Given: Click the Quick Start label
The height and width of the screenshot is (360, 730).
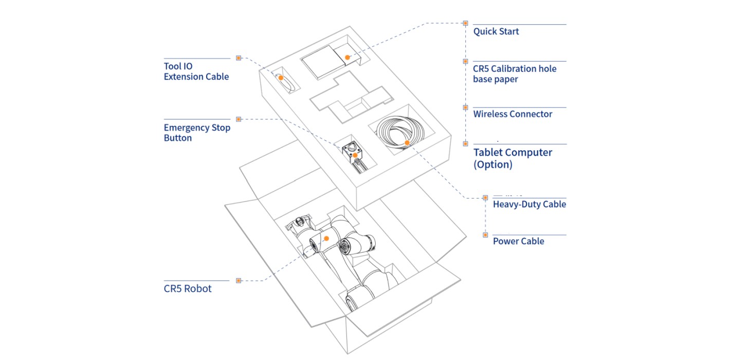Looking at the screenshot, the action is click(496, 31).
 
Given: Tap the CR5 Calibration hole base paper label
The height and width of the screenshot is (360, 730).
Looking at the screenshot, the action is click(515, 74).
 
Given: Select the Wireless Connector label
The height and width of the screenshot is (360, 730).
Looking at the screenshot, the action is click(513, 114).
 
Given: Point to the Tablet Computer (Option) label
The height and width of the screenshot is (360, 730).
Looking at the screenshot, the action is click(513, 158).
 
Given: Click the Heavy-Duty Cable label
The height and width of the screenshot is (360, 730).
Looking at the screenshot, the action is click(530, 204).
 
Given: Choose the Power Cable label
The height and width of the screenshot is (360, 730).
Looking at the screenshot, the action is click(518, 241).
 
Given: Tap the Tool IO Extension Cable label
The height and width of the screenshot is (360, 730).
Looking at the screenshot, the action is click(196, 71).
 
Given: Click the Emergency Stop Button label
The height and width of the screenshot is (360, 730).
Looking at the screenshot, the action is click(197, 132).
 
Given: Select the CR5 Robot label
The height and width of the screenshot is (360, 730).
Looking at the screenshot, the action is click(188, 289).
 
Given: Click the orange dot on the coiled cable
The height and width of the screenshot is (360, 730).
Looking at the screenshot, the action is click(407, 142).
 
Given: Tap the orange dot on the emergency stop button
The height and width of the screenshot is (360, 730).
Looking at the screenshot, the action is click(355, 155).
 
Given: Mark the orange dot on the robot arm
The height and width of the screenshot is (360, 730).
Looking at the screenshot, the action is click(326, 238).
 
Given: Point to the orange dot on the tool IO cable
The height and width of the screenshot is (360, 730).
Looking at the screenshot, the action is click(281, 78).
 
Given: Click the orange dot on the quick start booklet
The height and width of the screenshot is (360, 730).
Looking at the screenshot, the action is click(348, 58).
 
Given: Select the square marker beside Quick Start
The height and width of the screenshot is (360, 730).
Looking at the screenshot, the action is click(465, 23).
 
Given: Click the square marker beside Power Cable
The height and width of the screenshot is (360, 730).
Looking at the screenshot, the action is click(485, 235).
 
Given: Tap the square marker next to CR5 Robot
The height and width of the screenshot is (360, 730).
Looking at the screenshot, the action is click(239, 280).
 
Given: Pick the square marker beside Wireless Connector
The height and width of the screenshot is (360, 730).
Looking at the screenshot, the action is click(465, 107).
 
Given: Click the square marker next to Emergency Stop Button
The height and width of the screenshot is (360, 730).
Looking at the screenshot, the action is click(239, 119).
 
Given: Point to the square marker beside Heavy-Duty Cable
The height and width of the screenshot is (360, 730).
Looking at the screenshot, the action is click(485, 197).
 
